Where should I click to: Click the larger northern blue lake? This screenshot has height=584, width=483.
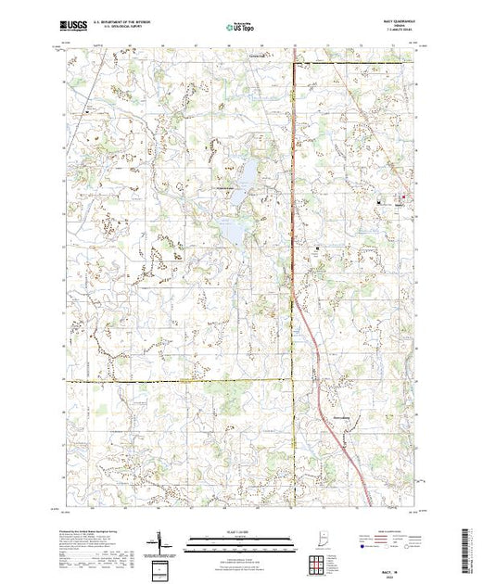248,171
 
